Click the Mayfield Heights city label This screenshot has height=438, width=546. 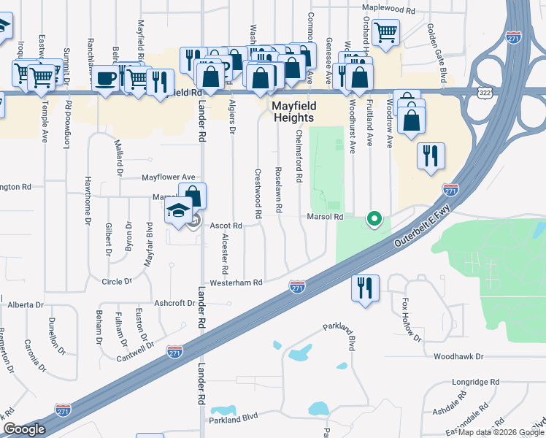[x=293, y=111]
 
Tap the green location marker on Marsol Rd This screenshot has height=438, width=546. [x=374, y=218]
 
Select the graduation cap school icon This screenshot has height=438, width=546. [x=177, y=211]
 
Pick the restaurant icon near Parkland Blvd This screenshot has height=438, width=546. [x=365, y=288]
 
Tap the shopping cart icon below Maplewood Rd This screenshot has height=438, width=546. [x=385, y=32]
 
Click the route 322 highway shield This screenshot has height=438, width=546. [x=485, y=92]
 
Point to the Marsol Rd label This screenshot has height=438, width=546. [x=325, y=217]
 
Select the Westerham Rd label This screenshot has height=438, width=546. [x=235, y=283]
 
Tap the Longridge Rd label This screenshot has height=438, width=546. [x=474, y=382]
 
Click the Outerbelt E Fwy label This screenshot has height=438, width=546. [x=422, y=227]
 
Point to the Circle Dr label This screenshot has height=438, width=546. [x=117, y=281]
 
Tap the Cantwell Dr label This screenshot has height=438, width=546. [x=137, y=353]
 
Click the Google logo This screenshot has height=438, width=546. [x=24, y=429]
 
